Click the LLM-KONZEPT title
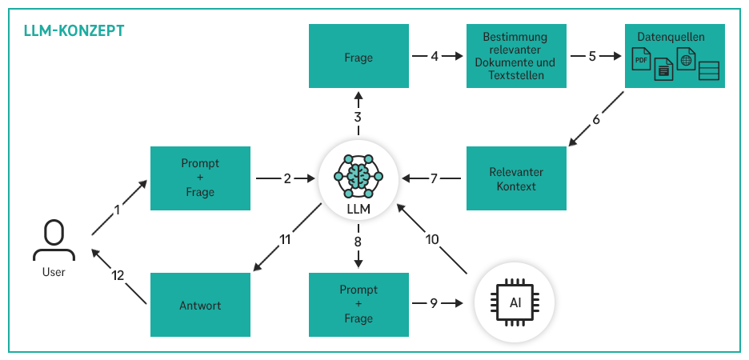coord(74,31)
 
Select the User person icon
coord(54,240)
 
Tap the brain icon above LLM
coord(358,175)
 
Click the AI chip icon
coord(514,303)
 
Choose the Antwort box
coord(199,305)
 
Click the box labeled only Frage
coord(358,58)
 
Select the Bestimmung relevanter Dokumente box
coord(515,56)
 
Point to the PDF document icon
coord(642,58)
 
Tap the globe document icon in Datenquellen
coord(686,58)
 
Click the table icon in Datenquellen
coord(709,70)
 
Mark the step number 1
coord(117,210)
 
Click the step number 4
coord(435,57)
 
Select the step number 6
coord(596,120)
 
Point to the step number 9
coord(435,303)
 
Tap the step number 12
coord(118,276)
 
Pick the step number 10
coord(433,238)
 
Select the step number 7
coord(433,178)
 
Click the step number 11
coord(284,238)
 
